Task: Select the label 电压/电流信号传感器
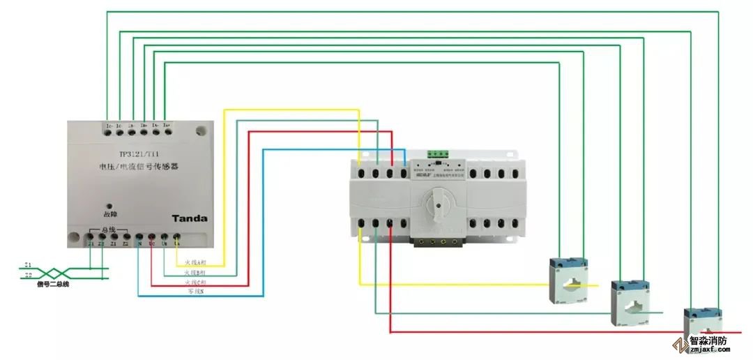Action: coord(139,167)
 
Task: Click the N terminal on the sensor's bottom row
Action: coord(139,239)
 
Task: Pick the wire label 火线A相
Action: coord(196,263)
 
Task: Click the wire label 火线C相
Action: coord(196,281)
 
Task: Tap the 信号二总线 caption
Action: coord(54,284)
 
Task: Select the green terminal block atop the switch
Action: coord(438,153)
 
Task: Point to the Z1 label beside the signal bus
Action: coord(28,265)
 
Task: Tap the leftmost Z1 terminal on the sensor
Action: coord(91,239)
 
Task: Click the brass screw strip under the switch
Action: coord(437,243)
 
